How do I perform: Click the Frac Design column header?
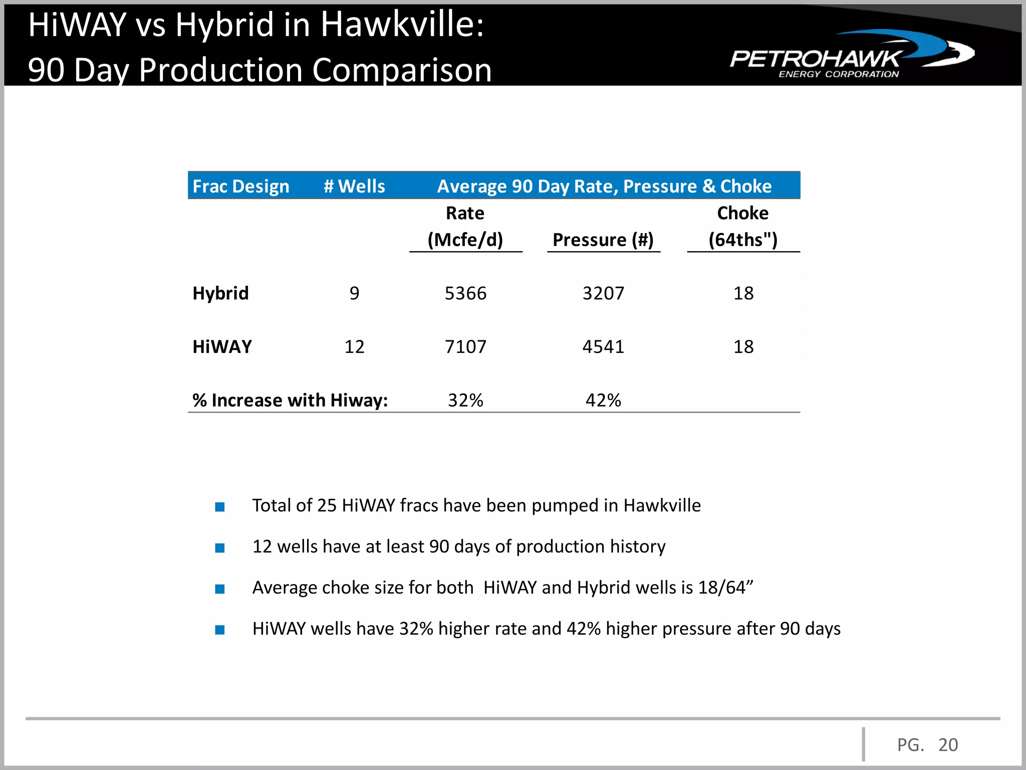point(240,186)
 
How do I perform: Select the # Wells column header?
point(354,186)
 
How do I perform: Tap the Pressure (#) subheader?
point(603,240)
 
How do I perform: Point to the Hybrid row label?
point(220,293)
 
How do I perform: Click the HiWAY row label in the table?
point(222,346)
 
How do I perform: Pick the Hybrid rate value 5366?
point(465,293)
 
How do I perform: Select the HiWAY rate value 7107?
point(465,346)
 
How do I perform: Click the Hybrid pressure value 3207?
point(603,293)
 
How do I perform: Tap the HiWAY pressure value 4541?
point(603,346)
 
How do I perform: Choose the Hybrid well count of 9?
point(354,293)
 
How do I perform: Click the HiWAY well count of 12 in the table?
point(354,346)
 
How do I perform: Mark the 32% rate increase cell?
point(465,400)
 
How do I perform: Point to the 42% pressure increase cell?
point(603,400)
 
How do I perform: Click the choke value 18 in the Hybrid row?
point(743,293)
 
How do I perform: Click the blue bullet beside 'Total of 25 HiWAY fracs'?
point(220,507)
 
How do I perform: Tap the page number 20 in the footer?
point(948,745)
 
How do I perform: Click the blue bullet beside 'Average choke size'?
point(220,589)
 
